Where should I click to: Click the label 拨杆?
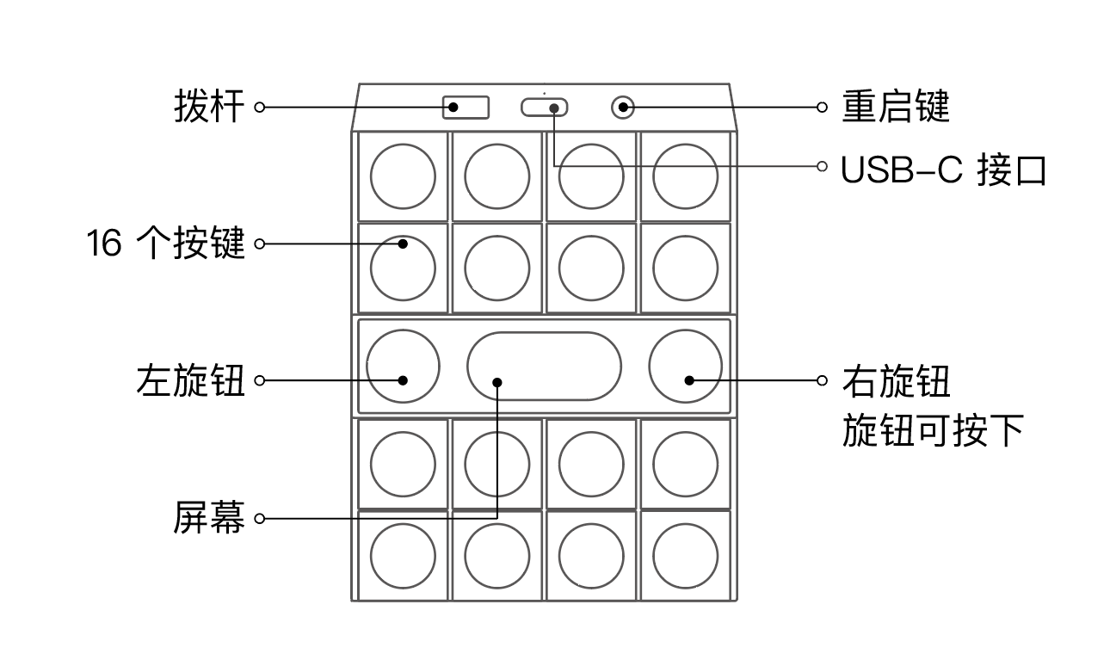click(209, 108)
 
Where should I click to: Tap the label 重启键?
click(895, 108)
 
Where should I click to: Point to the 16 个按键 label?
click(165, 244)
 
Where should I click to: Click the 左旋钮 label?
click(190, 379)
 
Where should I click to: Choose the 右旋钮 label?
click(895, 379)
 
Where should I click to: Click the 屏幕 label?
click(209, 519)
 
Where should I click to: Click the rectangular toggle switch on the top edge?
click(466, 108)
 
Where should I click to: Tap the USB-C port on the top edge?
click(544, 108)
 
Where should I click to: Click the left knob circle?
click(403, 366)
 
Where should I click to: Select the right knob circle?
click(685, 366)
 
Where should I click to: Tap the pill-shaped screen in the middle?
click(544, 366)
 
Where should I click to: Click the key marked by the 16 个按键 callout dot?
click(403, 268)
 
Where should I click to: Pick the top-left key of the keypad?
click(403, 176)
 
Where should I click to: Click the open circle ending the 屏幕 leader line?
click(259, 519)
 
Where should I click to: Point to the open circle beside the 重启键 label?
click(822, 108)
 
